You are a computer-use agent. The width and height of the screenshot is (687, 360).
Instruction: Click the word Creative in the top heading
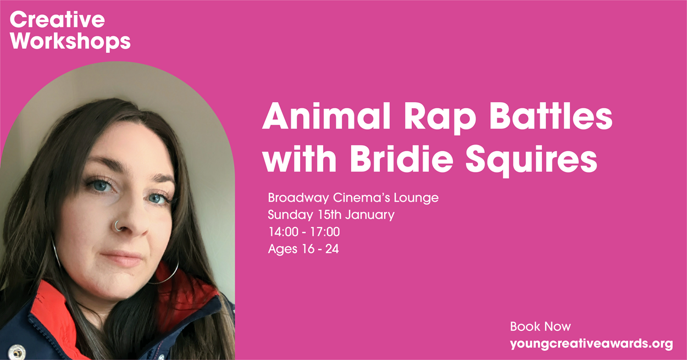[57, 20]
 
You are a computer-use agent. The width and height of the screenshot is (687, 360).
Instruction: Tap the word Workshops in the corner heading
[70, 41]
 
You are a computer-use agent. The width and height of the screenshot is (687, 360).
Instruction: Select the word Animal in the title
[326, 117]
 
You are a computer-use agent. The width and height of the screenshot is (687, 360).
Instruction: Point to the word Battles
[551, 117]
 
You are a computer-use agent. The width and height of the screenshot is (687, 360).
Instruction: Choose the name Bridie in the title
[402, 158]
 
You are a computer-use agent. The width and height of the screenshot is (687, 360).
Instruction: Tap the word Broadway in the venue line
[298, 198]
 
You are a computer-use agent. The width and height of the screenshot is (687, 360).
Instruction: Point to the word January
[370, 215]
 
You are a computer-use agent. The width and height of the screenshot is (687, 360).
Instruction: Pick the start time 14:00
[284, 232]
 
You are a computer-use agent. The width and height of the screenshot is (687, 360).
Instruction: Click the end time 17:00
[325, 232]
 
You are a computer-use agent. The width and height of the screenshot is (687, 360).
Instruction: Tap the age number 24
[332, 249]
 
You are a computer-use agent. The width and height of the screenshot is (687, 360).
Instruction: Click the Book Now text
[540, 326]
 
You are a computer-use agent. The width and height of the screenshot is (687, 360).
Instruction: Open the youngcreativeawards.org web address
[591, 344]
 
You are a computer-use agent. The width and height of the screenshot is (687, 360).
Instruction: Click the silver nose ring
[117, 226]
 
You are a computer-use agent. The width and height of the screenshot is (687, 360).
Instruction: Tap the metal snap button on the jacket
[16, 352]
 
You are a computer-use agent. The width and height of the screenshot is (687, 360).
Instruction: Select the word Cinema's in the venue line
[361, 198]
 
